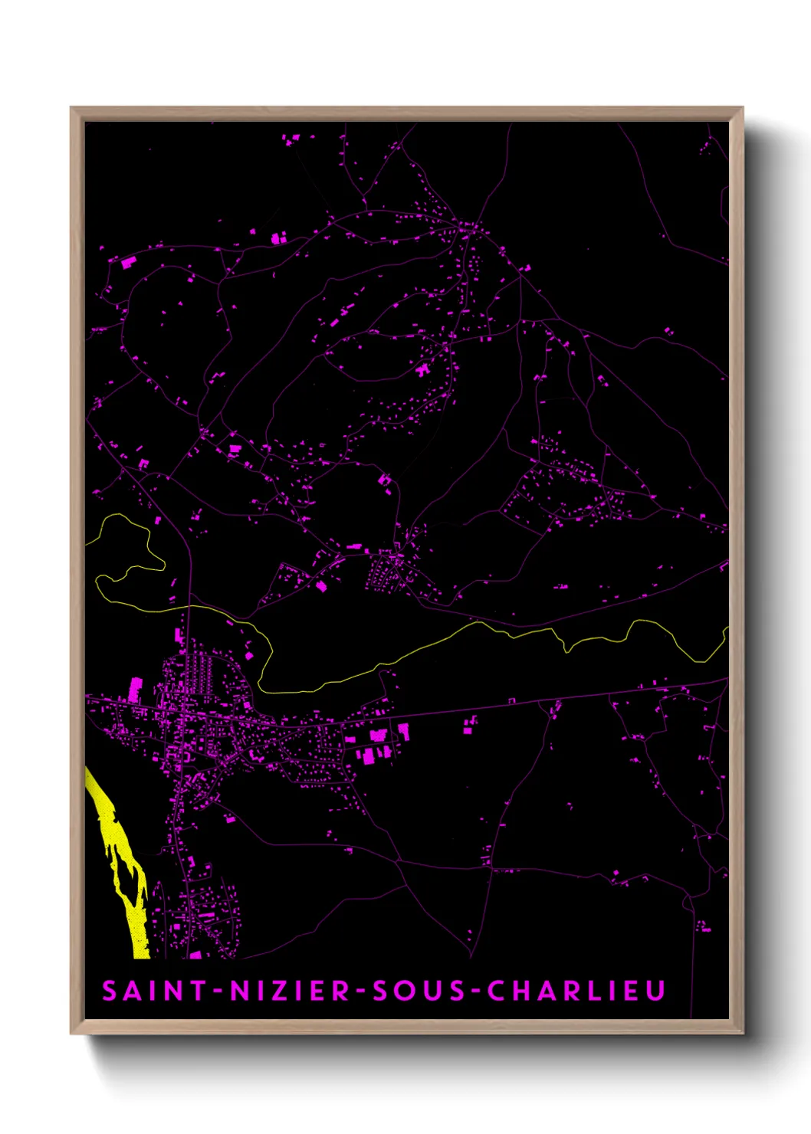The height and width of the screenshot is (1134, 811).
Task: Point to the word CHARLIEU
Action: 576,991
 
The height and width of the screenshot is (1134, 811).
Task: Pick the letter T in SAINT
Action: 197,991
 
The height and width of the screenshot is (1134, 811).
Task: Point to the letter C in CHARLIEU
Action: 497,991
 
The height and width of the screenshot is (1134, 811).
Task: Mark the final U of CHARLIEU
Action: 655,991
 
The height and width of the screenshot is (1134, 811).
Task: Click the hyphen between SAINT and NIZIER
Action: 218,991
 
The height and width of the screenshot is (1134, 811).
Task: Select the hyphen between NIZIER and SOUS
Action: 360,991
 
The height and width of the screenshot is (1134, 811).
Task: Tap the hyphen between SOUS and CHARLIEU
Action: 476,991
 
